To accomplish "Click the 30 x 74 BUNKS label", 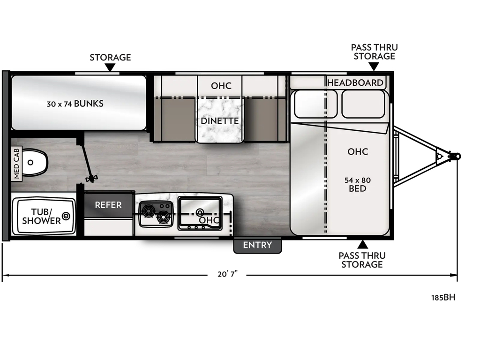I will [75, 104].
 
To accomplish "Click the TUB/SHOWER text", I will [42, 216].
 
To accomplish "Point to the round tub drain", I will [66, 216].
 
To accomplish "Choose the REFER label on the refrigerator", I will [108, 205].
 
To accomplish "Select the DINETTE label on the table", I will [220, 121].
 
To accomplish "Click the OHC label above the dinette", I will [221, 86].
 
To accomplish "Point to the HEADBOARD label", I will [355, 83].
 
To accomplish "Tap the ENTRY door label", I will [257, 245].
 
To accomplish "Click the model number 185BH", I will [443, 297].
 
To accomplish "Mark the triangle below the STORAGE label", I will [110, 68].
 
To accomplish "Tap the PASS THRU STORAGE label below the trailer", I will [362, 260].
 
